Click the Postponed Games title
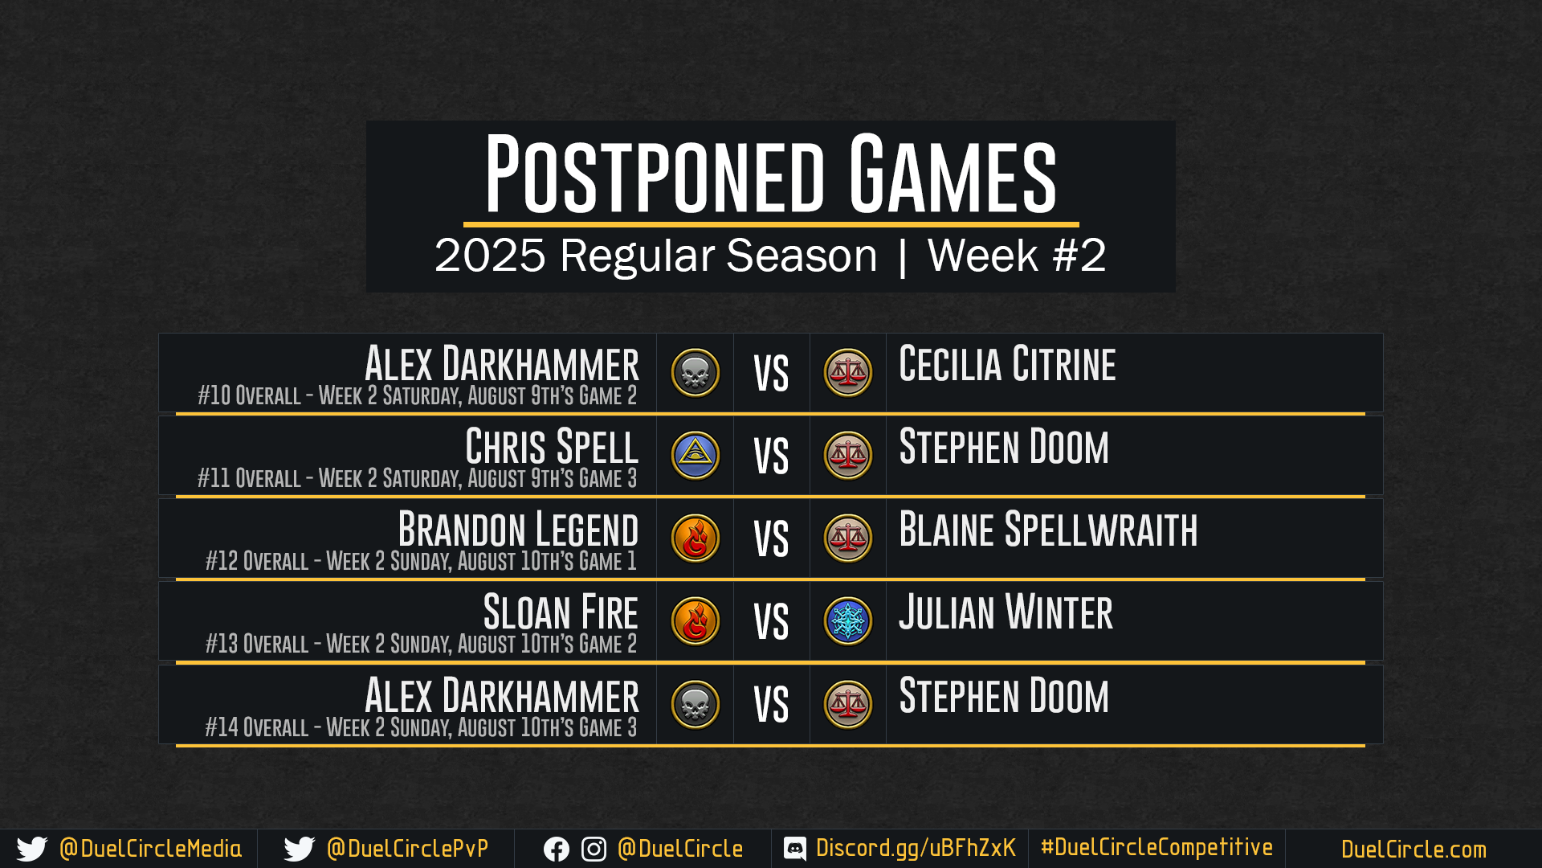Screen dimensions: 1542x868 (771, 174)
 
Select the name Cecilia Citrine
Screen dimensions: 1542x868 (1007, 363)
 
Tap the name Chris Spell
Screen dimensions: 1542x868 (552, 446)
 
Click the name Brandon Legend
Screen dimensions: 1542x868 (518, 529)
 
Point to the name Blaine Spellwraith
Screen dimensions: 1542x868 (1048, 529)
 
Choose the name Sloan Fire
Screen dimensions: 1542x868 (561, 612)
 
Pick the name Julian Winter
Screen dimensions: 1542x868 (1006, 612)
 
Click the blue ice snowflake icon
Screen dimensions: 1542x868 (848, 621)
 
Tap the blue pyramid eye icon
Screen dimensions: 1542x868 (696, 456)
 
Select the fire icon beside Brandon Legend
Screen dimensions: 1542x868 (696, 538)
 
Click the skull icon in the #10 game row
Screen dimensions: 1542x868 (696, 373)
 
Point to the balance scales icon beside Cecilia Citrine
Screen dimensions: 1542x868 (848, 373)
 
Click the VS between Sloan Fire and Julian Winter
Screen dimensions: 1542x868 (771, 622)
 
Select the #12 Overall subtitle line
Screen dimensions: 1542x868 (421, 561)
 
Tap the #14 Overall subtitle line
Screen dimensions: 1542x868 (421, 727)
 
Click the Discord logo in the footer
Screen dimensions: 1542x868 (795, 849)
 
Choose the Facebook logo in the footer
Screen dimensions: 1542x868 (557, 850)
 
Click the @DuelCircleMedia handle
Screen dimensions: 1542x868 (150, 849)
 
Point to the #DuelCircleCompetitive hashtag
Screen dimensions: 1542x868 (1156, 847)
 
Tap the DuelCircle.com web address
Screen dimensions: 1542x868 (1413, 850)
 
